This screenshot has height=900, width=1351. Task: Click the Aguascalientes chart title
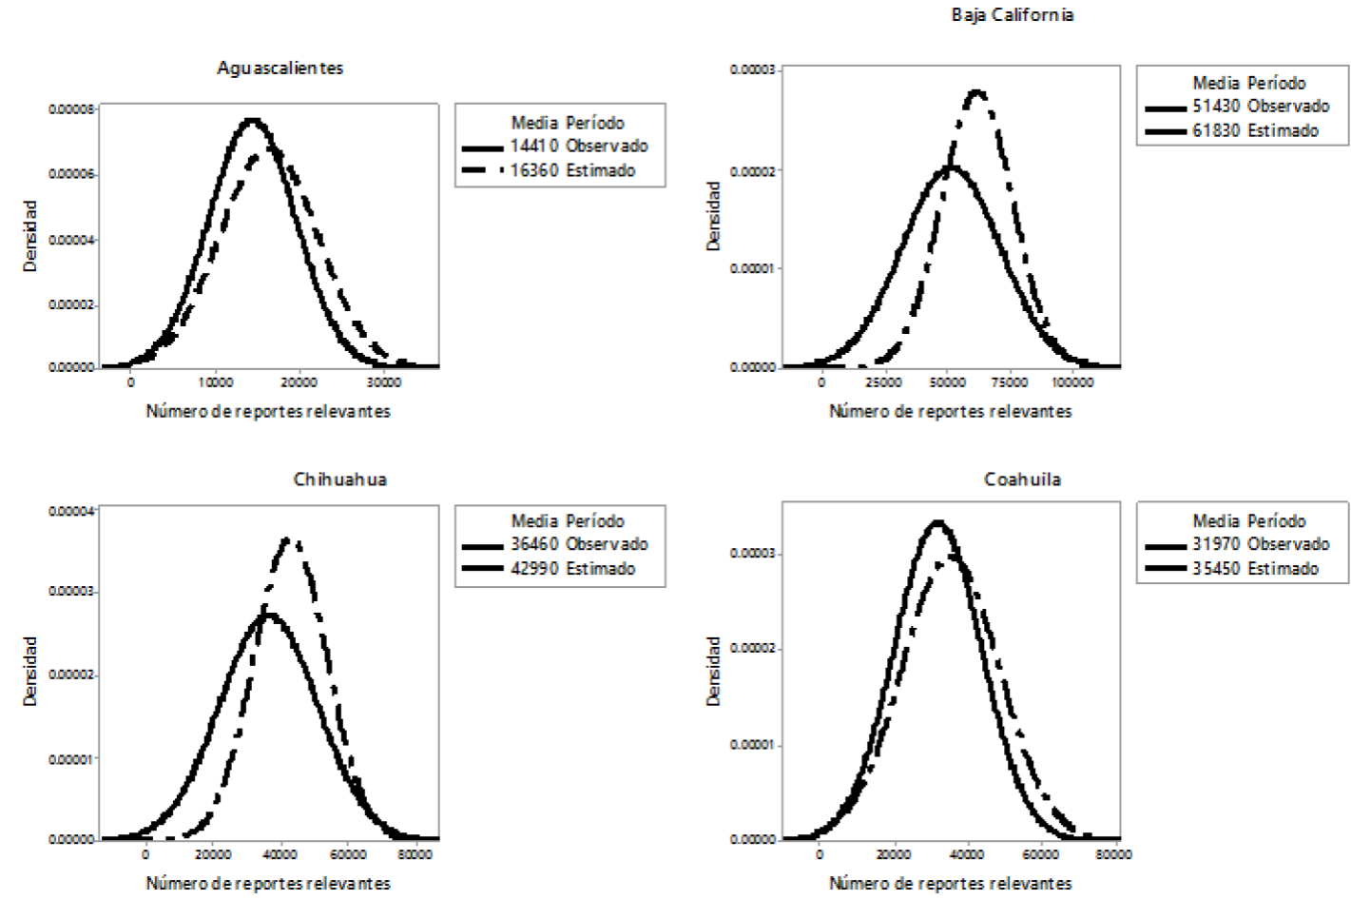(280, 68)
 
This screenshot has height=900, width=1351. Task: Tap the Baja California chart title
(1012, 14)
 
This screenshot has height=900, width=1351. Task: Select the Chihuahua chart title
(339, 479)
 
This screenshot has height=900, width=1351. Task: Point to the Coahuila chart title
(1022, 479)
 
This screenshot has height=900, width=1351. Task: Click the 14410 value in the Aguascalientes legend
(533, 146)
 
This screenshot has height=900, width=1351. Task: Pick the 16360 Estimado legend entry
(572, 170)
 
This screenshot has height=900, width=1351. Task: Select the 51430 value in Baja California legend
(1216, 106)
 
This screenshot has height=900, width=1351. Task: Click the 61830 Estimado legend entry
(1255, 130)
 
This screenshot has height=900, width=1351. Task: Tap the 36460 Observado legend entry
(579, 544)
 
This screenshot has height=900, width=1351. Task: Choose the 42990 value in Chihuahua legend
(533, 568)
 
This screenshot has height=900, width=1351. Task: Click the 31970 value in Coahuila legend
(1216, 544)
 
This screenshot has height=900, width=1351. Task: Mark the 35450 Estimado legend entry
(1255, 568)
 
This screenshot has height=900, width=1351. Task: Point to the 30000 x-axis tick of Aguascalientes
(384, 382)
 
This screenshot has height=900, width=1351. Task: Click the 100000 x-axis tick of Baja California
(1072, 382)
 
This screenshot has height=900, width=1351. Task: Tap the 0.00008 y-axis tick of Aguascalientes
(72, 109)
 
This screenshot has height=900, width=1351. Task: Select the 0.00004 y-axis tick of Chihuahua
(72, 511)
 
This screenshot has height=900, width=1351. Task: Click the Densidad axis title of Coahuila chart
(713, 671)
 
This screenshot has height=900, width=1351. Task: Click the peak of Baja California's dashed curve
(976, 92)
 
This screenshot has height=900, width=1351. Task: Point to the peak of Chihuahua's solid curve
(270, 615)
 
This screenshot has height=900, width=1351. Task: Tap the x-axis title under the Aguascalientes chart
(268, 411)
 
